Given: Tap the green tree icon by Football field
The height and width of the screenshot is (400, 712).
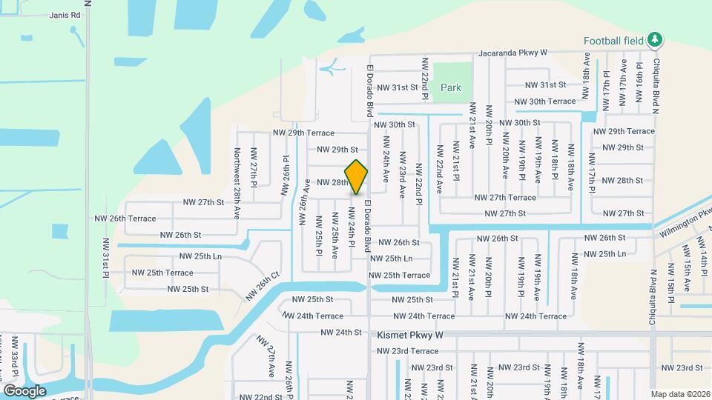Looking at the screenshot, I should pos(654,40).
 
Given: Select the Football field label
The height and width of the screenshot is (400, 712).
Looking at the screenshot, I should pos(613,41).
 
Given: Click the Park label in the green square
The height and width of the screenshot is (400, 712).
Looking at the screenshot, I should pos(451,87).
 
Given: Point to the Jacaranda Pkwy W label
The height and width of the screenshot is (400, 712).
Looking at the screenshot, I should pos(512,53).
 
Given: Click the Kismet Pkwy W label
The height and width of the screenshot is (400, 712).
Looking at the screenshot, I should pos(409,335).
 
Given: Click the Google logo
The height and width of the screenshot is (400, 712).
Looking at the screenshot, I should pos(24,390).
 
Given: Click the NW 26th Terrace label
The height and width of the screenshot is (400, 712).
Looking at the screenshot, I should pos(125,219).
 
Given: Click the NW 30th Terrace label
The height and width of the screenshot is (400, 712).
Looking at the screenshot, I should pos(545,101).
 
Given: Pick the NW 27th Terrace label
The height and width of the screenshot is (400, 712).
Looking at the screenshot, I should pos(505,198).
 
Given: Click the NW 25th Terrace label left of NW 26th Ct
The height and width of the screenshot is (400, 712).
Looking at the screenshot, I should pos(162,273).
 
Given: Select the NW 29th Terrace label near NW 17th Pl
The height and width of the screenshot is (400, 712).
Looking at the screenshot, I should pos(624,131).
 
